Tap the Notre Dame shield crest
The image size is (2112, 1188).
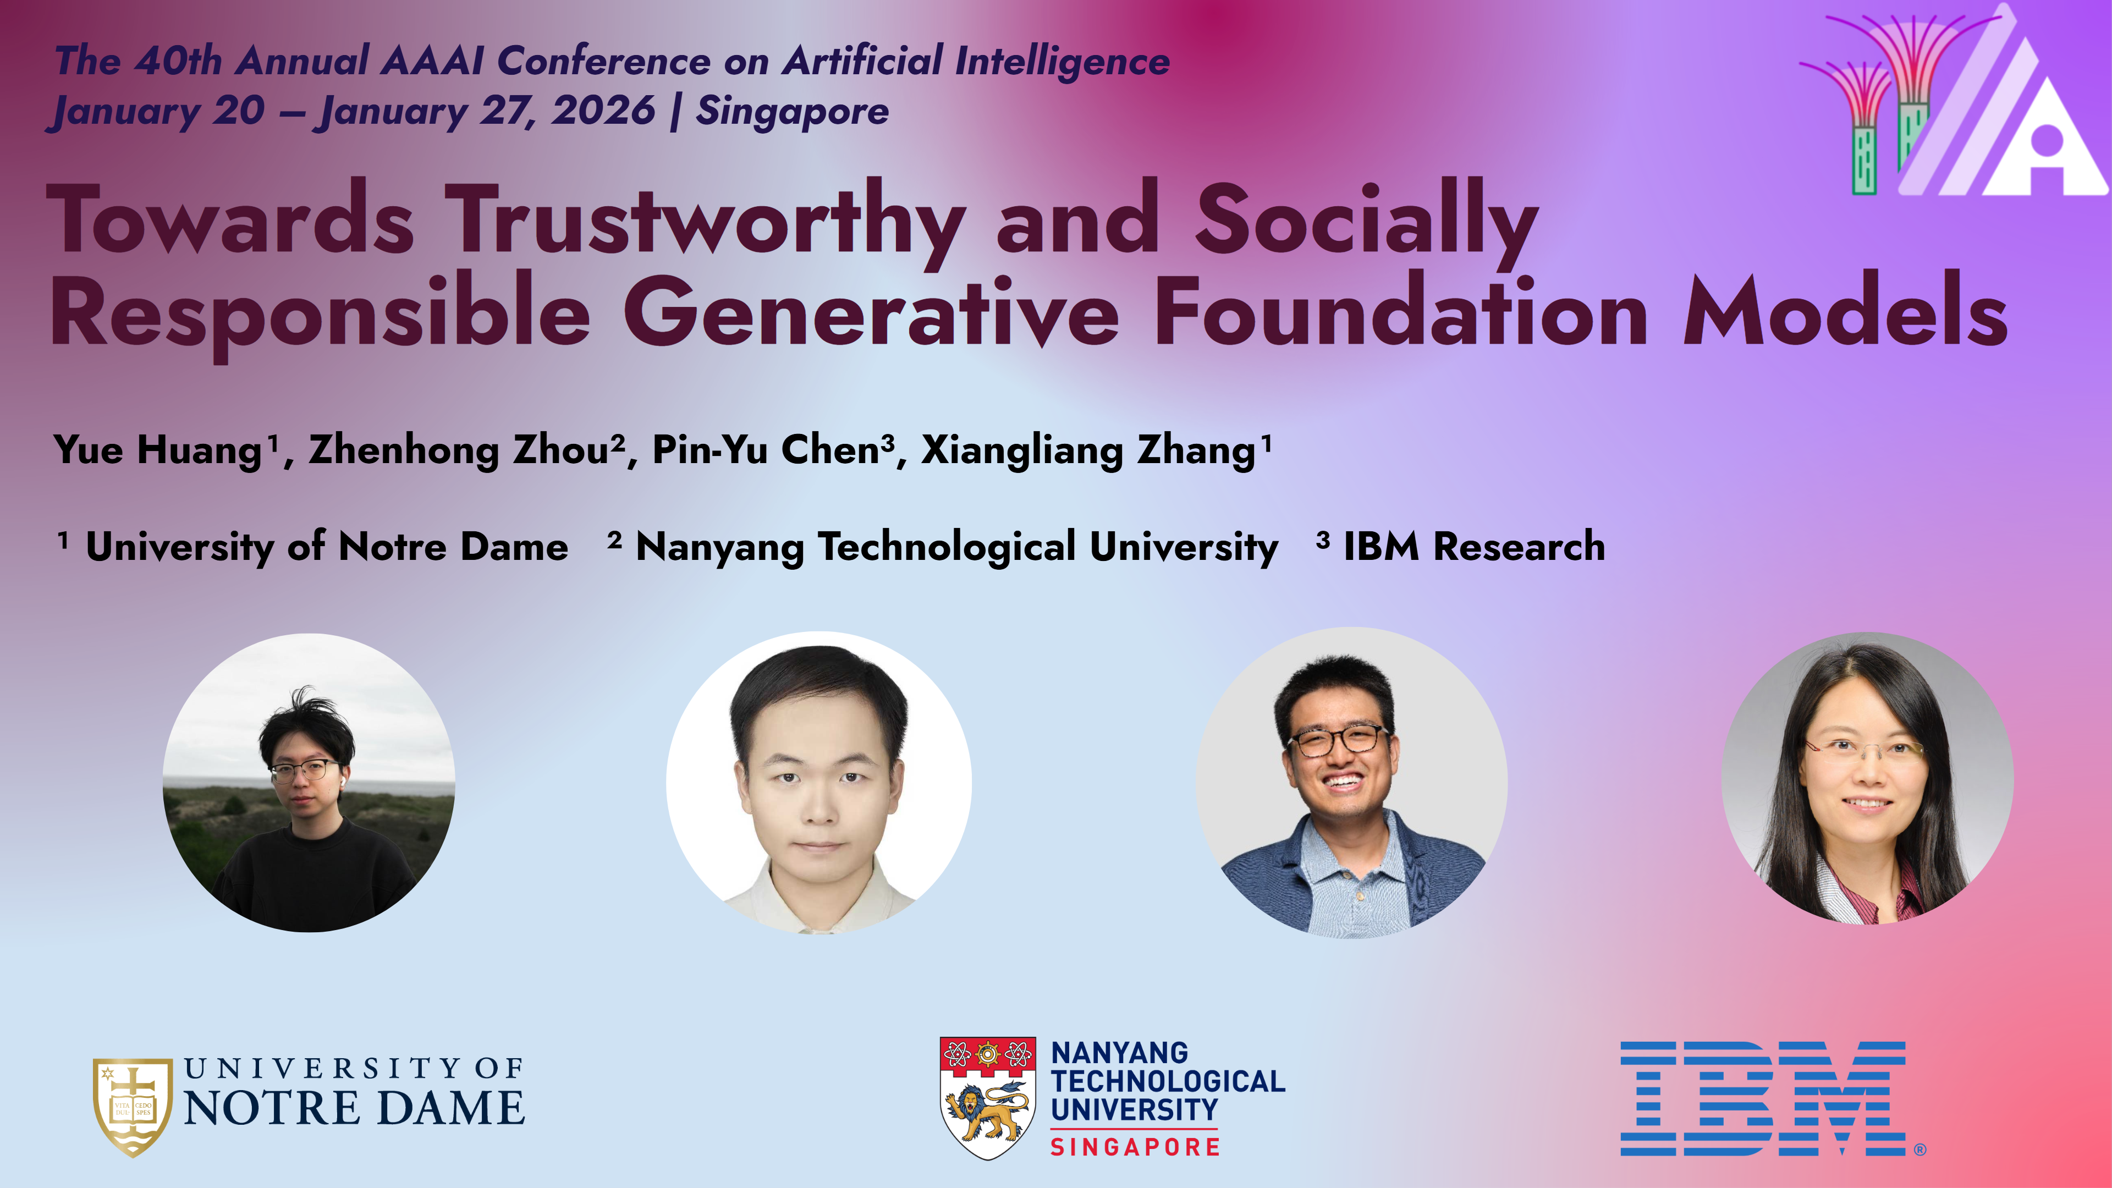pos(133,1107)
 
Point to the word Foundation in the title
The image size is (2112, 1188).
pos(1401,311)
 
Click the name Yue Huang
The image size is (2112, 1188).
pos(157,450)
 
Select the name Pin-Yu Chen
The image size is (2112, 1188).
pos(766,449)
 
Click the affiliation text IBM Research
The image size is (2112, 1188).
pos(1474,547)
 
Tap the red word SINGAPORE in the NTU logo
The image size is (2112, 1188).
pos(1135,1147)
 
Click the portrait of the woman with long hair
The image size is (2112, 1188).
pos(1867,779)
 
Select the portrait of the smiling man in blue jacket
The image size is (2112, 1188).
pos(1351,783)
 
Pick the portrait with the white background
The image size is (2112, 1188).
pos(818,783)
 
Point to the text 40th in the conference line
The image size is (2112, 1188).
pos(178,61)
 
